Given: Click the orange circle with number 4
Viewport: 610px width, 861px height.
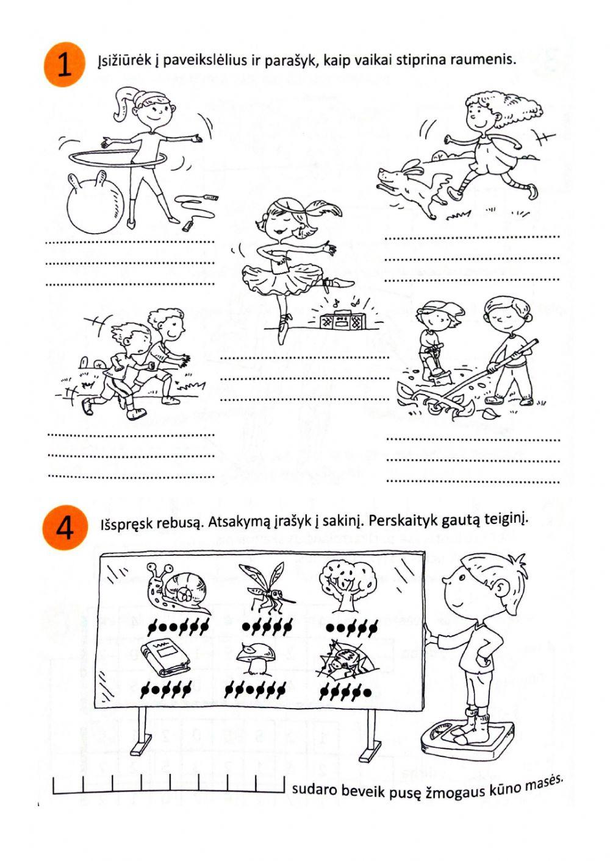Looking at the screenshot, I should (63, 528).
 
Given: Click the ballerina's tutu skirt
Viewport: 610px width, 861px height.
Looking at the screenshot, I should (281, 277).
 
